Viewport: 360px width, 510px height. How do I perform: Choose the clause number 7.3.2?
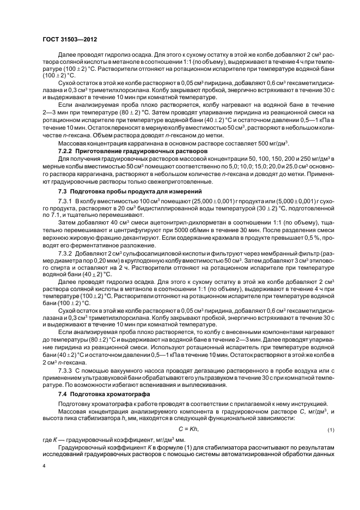(x=66, y=254)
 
